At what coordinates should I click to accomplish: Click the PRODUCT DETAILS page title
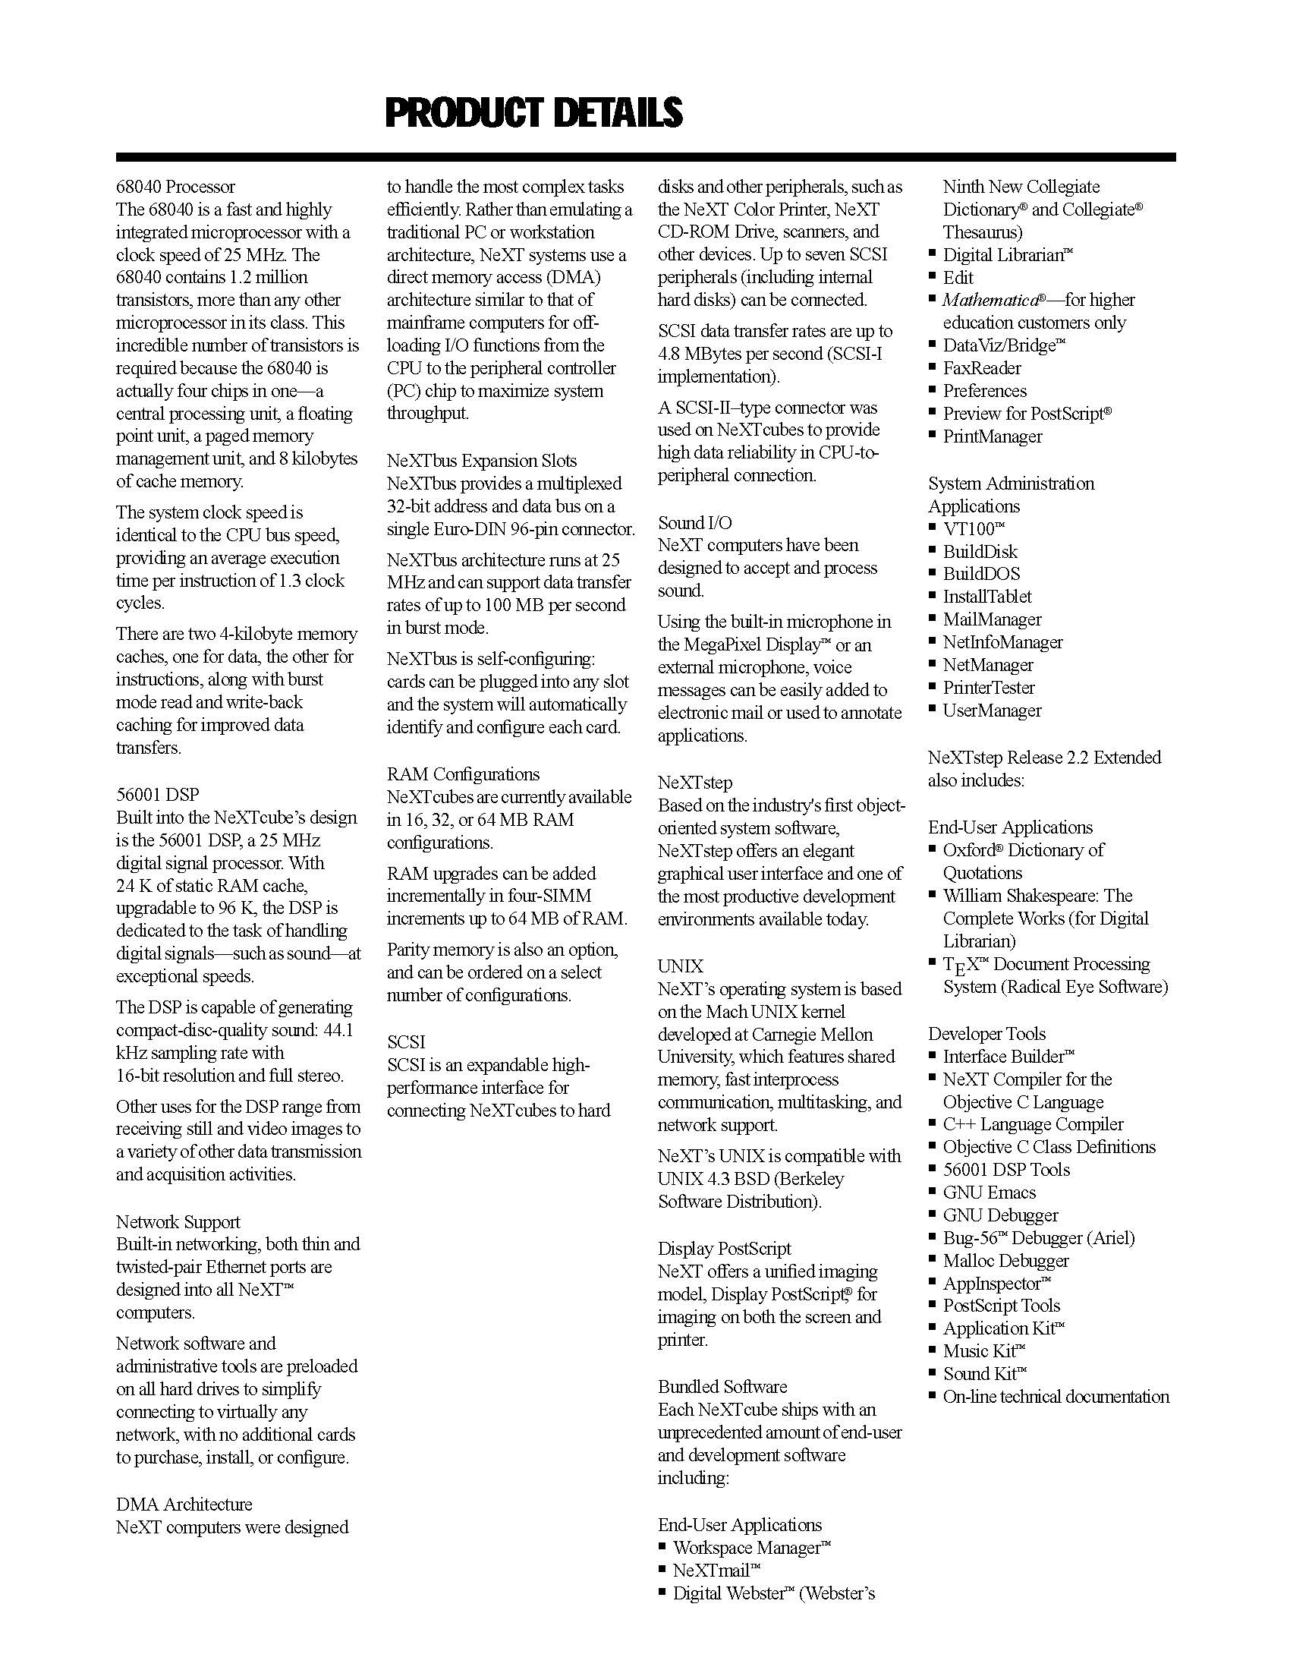pyautogui.click(x=533, y=112)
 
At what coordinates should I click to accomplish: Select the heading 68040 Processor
pyautogui.click(x=176, y=187)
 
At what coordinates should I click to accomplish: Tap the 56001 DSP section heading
pyautogui.click(x=157, y=795)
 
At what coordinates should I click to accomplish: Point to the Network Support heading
pyautogui.click(x=178, y=1222)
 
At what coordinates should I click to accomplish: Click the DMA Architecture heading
pyautogui.click(x=184, y=1504)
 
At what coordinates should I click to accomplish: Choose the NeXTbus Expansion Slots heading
pyautogui.click(x=481, y=460)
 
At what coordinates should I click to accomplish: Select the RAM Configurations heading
pyautogui.click(x=463, y=774)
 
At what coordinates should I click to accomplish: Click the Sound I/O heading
pyautogui.click(x=694, y=522)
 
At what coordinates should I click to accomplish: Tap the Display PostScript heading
pyautogui.click(x=725, y=1249)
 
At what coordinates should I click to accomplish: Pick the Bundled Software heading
pyautogui.click(x=722, y=1386)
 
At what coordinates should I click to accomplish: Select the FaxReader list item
pyautogui.click(x=982, y=369)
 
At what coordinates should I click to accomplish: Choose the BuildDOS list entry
pyautogui.click(x=981, y=573)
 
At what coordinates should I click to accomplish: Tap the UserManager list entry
pyautogui.click(x=992, y=711)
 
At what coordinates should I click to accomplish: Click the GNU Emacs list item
pyautogui.click(x=989, y=1192)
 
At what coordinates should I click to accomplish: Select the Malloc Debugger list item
pyautogui.click(x=1005, y=1260)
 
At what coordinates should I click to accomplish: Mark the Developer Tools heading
pyautogui.click(x=986, y=1034)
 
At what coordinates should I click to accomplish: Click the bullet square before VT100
pyautogui.click(x=933, y=527)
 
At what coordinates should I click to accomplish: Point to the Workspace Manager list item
pyautogui.click(x=751, y=1548)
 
